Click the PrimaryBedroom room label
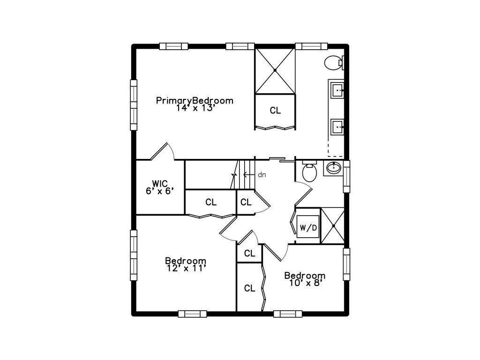(x=195, y=101)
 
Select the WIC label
(x=160, y=184)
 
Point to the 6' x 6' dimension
(x=160, y=191)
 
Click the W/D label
(x=308, y=228)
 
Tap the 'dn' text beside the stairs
(x=262, y=175)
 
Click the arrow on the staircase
(x=249, y=175)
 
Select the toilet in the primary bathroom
(x=334, y=63)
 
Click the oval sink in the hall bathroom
(x=333, y=167)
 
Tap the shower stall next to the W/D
(x=332, y=225)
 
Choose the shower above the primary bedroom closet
(x=275, y=71)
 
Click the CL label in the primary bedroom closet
(x=275, y=111)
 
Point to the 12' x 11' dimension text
(x=186, y=268)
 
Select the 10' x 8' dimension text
(x=305, y=283)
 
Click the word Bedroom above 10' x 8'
(x=305, y=276)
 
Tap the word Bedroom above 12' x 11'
(x=186, y=261)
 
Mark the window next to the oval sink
(x=346, y=176)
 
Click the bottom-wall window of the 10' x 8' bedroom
(x=288, y=314)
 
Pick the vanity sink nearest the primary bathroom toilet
(x=337, y=90)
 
